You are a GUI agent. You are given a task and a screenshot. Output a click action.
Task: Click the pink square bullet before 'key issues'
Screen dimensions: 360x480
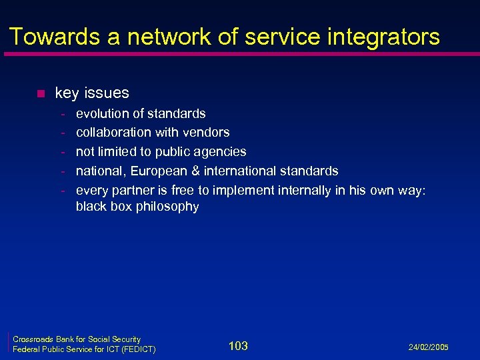click(40, 93)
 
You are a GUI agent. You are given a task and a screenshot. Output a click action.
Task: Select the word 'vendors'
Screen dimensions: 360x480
click(207, 132)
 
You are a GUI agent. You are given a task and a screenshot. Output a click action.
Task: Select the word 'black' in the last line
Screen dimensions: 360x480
click(90, 206)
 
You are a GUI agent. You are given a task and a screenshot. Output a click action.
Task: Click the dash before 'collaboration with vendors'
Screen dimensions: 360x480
click(63, 133)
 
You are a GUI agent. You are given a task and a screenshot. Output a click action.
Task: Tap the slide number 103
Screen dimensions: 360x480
click(238, 345)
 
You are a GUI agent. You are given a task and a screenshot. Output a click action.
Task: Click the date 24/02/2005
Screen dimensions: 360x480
click(429, 347)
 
